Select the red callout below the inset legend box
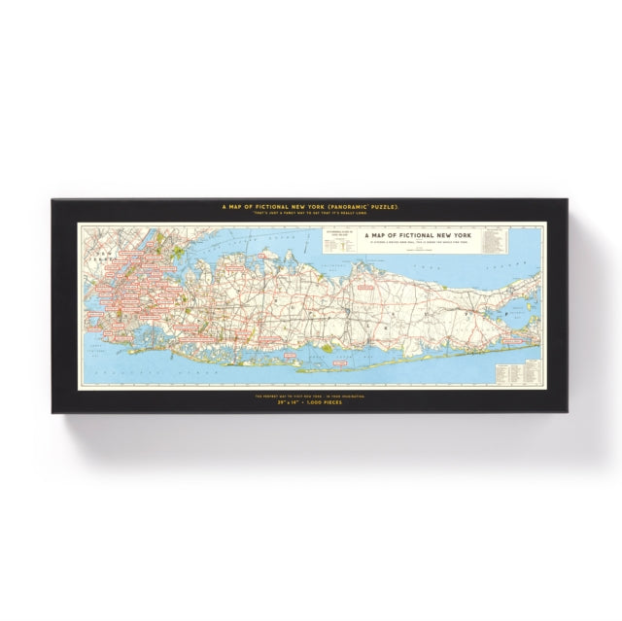364,288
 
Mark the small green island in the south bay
328,346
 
